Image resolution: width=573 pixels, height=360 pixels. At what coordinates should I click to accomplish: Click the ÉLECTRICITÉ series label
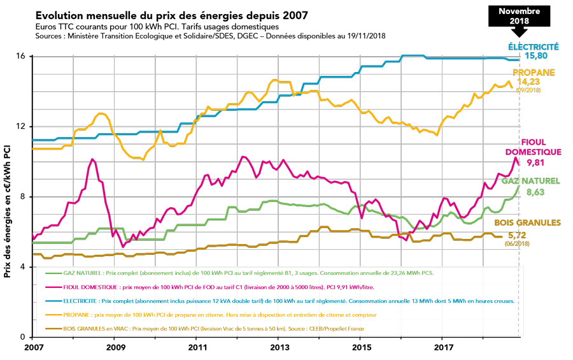coord(534,47)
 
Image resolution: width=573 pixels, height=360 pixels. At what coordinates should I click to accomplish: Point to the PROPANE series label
coord(537,73)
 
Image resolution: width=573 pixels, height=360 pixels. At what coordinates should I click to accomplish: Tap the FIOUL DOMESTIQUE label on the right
coord(534,147)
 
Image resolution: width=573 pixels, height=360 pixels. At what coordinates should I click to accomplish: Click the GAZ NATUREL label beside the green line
coord(531,181)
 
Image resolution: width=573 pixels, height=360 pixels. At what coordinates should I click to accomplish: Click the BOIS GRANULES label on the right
coord(528,223)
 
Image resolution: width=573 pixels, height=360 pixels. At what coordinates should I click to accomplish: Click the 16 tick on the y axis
coord(20,56)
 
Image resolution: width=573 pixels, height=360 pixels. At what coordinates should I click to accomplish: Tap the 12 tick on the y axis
coord(20,126)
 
